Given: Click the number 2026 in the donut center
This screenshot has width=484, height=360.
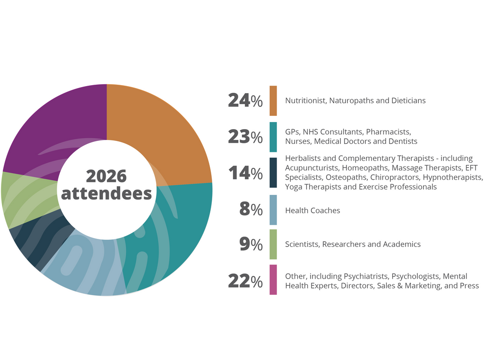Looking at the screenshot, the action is (x=106, y=176).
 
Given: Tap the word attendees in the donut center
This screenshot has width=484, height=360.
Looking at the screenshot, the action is (x=106, y=193).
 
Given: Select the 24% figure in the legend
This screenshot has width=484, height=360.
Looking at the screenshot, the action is (x=245, y=101).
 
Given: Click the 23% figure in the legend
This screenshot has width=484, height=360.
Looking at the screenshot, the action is (x=245, y=137).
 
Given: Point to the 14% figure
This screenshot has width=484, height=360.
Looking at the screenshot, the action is (x=245, y=173).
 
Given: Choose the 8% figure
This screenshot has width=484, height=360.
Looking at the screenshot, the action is (x=251, y=209).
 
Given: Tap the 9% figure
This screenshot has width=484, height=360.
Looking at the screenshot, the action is (x=251, y=244).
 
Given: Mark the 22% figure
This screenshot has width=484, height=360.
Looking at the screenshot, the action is (x=245, y=281).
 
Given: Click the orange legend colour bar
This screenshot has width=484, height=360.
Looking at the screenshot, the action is (x=273, y=101).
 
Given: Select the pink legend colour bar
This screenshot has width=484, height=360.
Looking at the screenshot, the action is (x=273, y=280).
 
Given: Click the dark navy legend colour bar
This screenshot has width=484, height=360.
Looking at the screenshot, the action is (x=273, y=173).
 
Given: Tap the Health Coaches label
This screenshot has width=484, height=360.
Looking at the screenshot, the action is (x=312, y=211).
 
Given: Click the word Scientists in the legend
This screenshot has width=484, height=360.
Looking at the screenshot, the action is (x=302, y=244).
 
